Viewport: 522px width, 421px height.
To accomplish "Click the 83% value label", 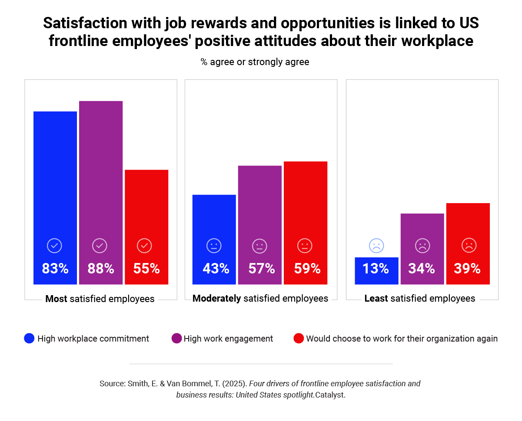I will coord(55,269).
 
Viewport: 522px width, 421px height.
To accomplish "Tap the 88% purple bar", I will coord(101,174).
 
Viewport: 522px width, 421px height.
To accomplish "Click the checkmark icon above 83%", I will coord(54,246).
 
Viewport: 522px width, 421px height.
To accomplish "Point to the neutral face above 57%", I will coord(259,246).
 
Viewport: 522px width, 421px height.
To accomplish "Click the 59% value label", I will coord(307,269).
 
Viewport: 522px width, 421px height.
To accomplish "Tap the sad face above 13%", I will coord(376,246).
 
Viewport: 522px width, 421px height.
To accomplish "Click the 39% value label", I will coord(467,269).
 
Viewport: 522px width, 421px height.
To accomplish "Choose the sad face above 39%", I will coord(469,246).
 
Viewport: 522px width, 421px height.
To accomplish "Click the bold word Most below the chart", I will coord(56,299).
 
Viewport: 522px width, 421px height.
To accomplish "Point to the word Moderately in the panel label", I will coord(216,299).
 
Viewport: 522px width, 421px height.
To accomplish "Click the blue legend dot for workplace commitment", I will coord(29,339).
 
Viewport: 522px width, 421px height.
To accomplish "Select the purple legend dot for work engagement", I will coord(176,339).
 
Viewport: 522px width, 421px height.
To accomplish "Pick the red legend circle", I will coord(299,339).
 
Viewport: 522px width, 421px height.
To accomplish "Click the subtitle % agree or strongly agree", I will coord(255,62).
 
